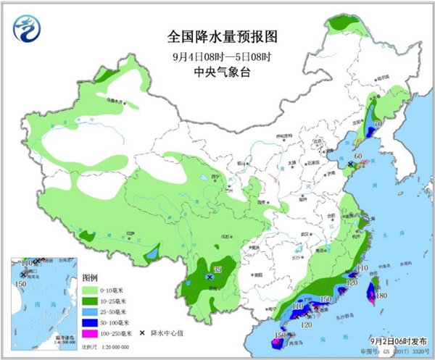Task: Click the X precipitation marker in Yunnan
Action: [210, 277]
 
